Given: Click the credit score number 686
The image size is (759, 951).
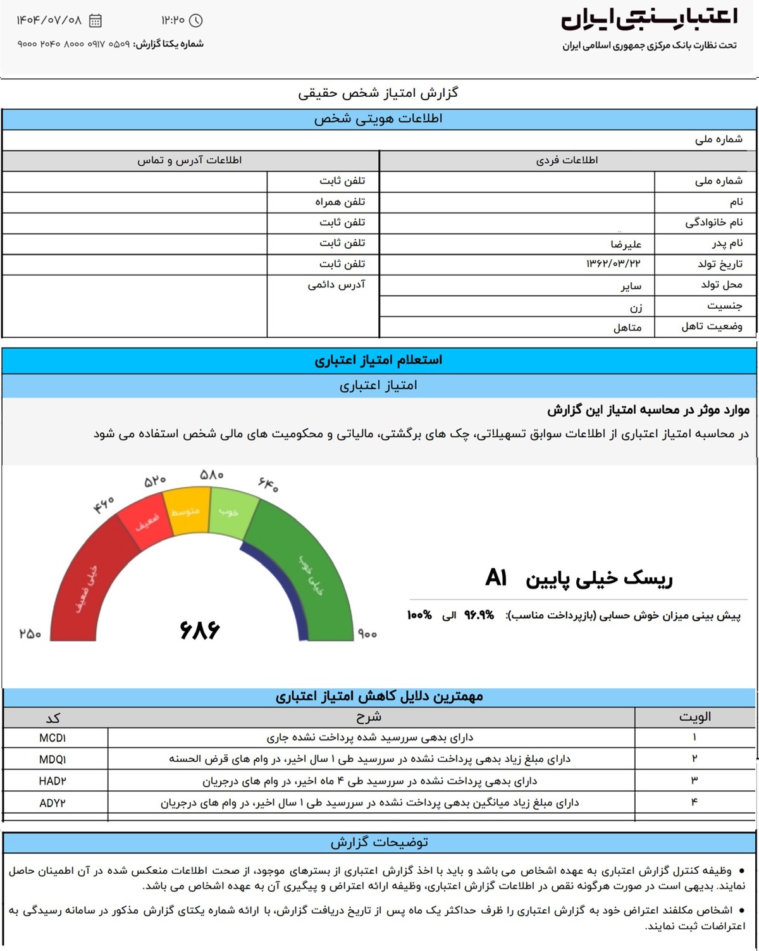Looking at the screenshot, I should (200, 630).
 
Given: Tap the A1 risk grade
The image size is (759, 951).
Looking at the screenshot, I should (497, 578).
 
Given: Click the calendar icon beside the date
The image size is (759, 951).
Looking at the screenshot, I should (96, 21).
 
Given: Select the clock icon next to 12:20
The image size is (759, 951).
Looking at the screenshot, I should (196, 21).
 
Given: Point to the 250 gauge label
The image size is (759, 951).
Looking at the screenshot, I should (30, 633).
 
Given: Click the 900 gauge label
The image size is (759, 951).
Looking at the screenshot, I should (367, 634).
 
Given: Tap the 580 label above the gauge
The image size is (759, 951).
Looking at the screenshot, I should (211, 475).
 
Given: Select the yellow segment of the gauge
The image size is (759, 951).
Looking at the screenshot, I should (186, 512).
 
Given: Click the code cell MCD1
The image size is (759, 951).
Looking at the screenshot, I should (52, 738).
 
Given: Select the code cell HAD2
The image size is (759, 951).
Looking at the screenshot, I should (52, 781).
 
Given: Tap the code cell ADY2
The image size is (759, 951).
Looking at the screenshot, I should (52, 803).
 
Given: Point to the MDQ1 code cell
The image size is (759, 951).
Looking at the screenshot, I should (52, 759).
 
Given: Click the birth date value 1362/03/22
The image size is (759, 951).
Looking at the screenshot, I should (614, 264).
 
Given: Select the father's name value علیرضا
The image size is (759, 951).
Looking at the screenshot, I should (626, 244).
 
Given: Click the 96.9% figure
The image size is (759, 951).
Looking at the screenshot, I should (479, 615).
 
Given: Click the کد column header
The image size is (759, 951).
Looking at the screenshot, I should (53, 718).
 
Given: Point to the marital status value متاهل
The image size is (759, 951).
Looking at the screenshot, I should (627, 327).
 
